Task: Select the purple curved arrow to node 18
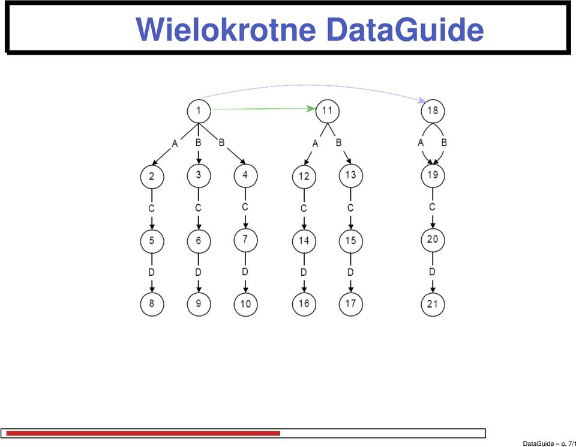312,85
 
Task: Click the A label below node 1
175,144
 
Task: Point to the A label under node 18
421,142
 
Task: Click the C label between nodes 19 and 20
433,207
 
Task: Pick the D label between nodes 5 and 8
151,272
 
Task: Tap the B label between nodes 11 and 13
338,142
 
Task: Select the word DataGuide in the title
405,29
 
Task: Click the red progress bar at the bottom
143,433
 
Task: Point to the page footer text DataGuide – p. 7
549,443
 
